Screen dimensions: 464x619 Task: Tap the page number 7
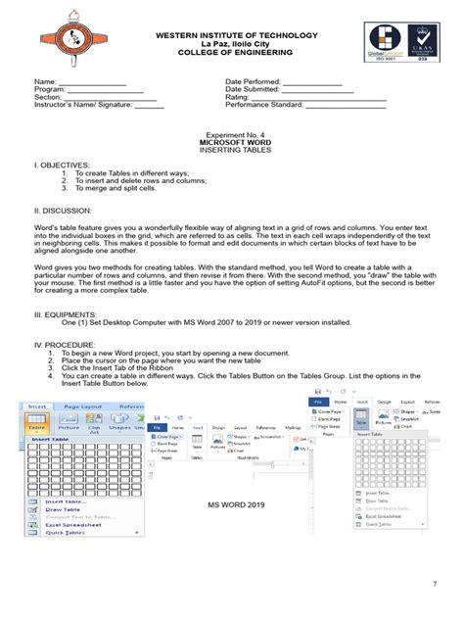tap(433, 585)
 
